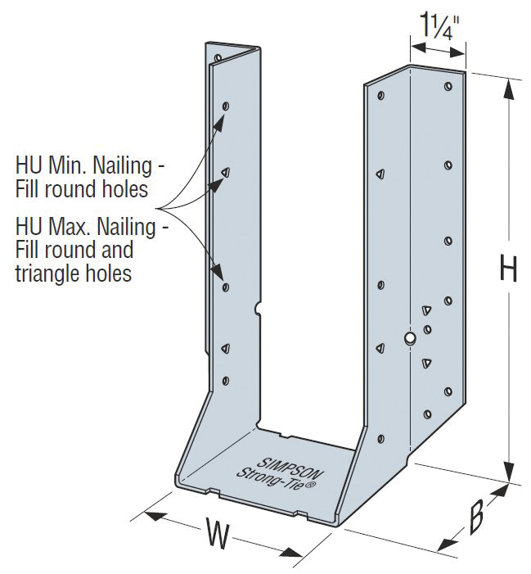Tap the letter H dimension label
pyautogui.click(x=508, y=269)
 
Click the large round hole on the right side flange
pyautogui.click(x=410, y=337)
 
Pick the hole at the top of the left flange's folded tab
pyautogui.click(x=218, y=58)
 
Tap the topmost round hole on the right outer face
pyautogui.click(x=448, y=85)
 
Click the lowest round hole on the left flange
pyautogui.click(x=226, y=380)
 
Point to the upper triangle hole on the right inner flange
pyautogui.click(x=380, y=174)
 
